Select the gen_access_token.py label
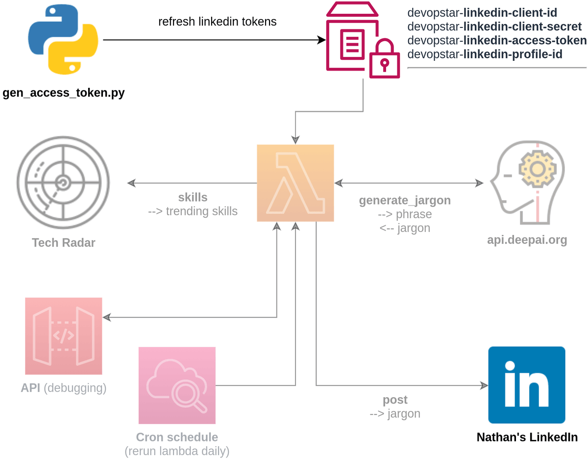(64, 93)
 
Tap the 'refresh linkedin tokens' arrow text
(218, 22)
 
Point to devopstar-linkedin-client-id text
(482, 13)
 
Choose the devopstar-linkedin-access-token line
(497, 40)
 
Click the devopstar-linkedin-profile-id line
(485, 54)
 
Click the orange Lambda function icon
(295, 183)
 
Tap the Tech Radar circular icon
(63, 182)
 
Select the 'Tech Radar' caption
(63, 242)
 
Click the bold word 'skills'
(193, 197)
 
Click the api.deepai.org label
(527, 240)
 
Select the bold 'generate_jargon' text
(405, 200)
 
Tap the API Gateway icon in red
(64, 336)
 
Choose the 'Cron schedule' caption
(177, 437)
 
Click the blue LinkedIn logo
(527, 385)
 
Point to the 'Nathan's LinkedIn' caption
(527, 437)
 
